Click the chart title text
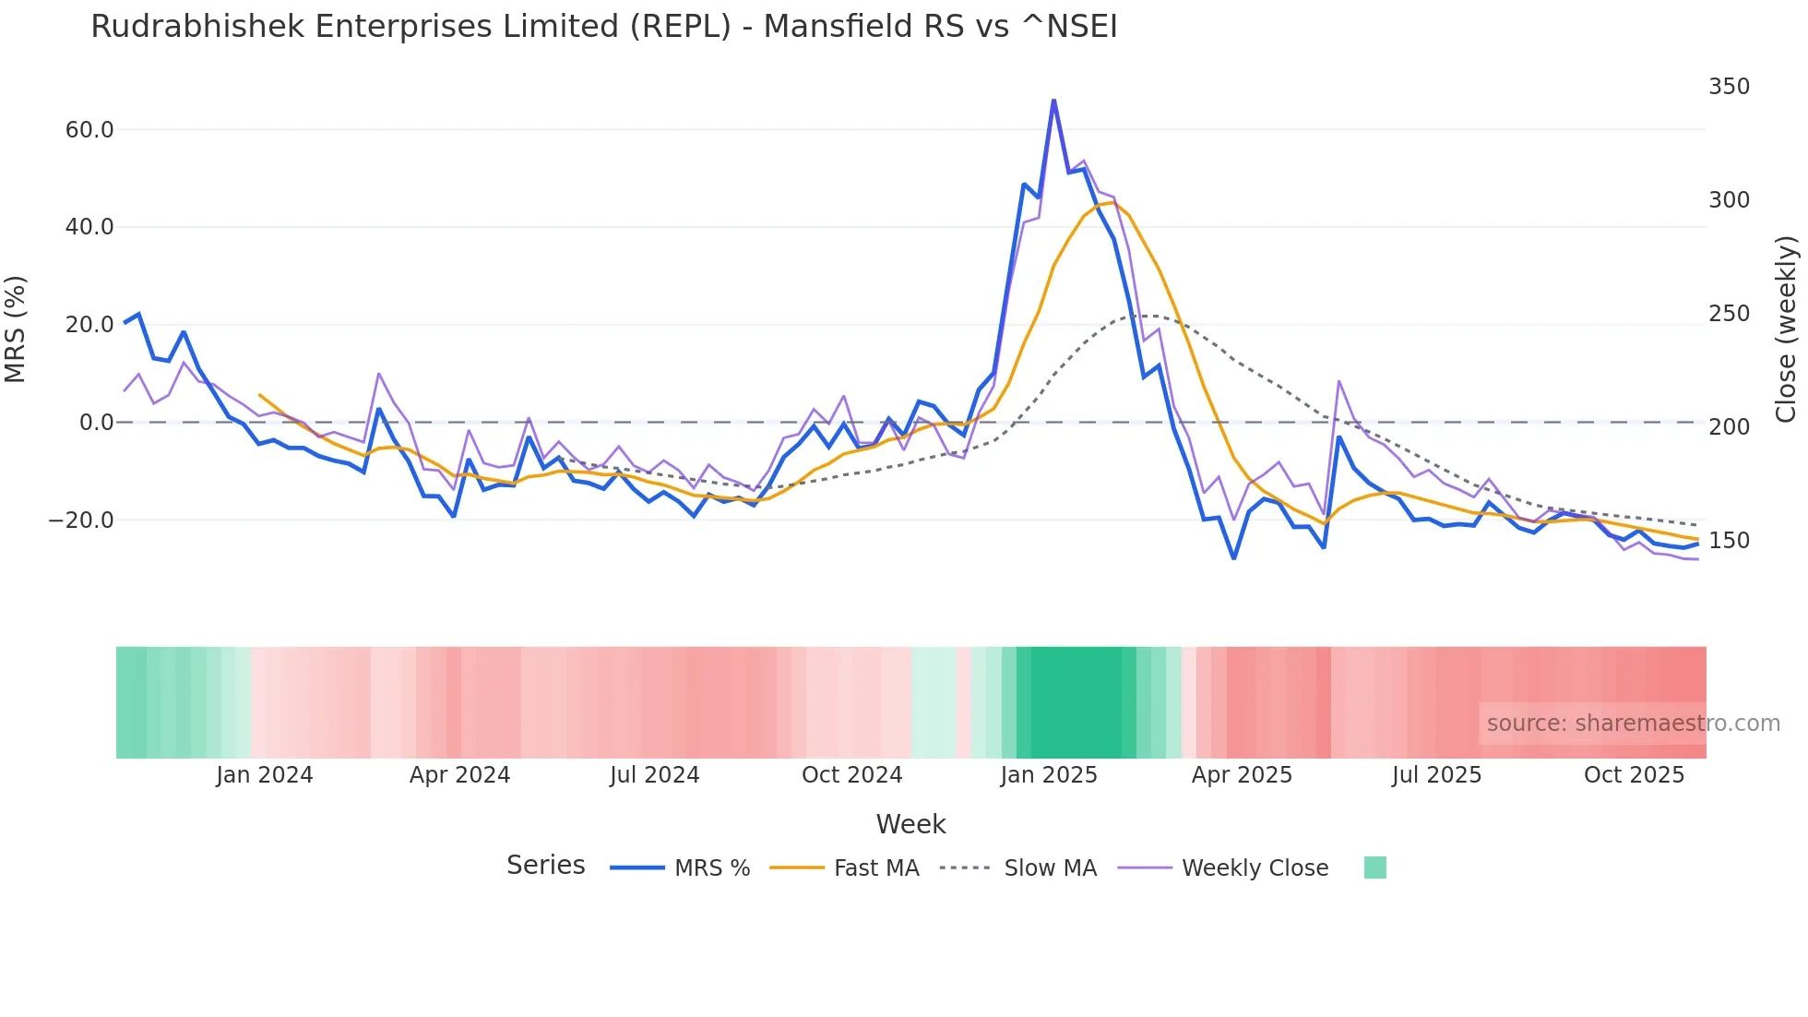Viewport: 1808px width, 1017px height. pyautogui.click(x=603, y=27)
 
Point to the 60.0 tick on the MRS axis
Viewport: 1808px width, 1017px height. pyautogui.click(x=89, y=130)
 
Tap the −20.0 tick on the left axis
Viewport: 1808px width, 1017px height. pyautogui.click(x=81, y=520)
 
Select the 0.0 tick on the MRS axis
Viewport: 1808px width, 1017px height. pyautogui.click(x=96, y=423)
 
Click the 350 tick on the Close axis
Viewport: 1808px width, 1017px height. pyautogui.click(x=1729, y=87)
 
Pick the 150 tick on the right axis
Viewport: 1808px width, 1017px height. pyautogui.click(x=1729, y=541)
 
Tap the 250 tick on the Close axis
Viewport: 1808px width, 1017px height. pyautogui.click(x=1729, y=314)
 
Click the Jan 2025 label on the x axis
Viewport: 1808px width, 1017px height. pyautogui.click(x=1049, y=775)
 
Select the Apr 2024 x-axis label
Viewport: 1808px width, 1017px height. pyautogui.click(x=459, y=775)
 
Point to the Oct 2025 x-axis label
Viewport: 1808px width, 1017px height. pyautogui.click(x=1634, y=775)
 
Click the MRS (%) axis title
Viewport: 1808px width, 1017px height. pyautogui.click(x=16, y=329)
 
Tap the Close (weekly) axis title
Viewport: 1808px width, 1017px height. pyautogui.click(x=1786, y=329)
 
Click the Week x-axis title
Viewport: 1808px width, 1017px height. pyautogui.click(x=910, y=824)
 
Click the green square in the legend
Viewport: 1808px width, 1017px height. pyautogui.click(x=1374, y=867)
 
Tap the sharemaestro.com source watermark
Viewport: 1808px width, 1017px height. pyautogui.click(x=1633, y=724)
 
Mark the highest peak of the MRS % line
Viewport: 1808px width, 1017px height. pyautogui.click(x=1053, y=100)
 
